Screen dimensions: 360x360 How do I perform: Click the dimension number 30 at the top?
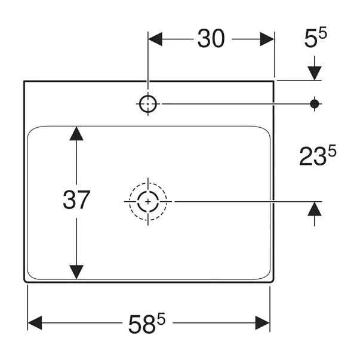(211, 39)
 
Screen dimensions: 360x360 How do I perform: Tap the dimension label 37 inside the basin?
(76, 199)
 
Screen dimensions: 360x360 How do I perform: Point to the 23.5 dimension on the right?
(317, 157)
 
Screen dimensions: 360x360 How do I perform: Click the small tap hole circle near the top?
(147, 104)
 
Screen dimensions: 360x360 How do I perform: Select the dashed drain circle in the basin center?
(147, 201)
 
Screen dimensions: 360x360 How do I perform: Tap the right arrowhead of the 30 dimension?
(267, 39)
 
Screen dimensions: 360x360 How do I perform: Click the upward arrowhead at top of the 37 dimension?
(76, 133)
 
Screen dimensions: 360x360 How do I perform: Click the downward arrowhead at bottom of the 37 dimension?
(76, 272)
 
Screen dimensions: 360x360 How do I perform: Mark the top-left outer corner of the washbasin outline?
(24, 81)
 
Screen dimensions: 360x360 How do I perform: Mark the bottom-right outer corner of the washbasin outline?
(275, 282)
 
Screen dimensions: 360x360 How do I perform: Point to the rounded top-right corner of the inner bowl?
(266, 131)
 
